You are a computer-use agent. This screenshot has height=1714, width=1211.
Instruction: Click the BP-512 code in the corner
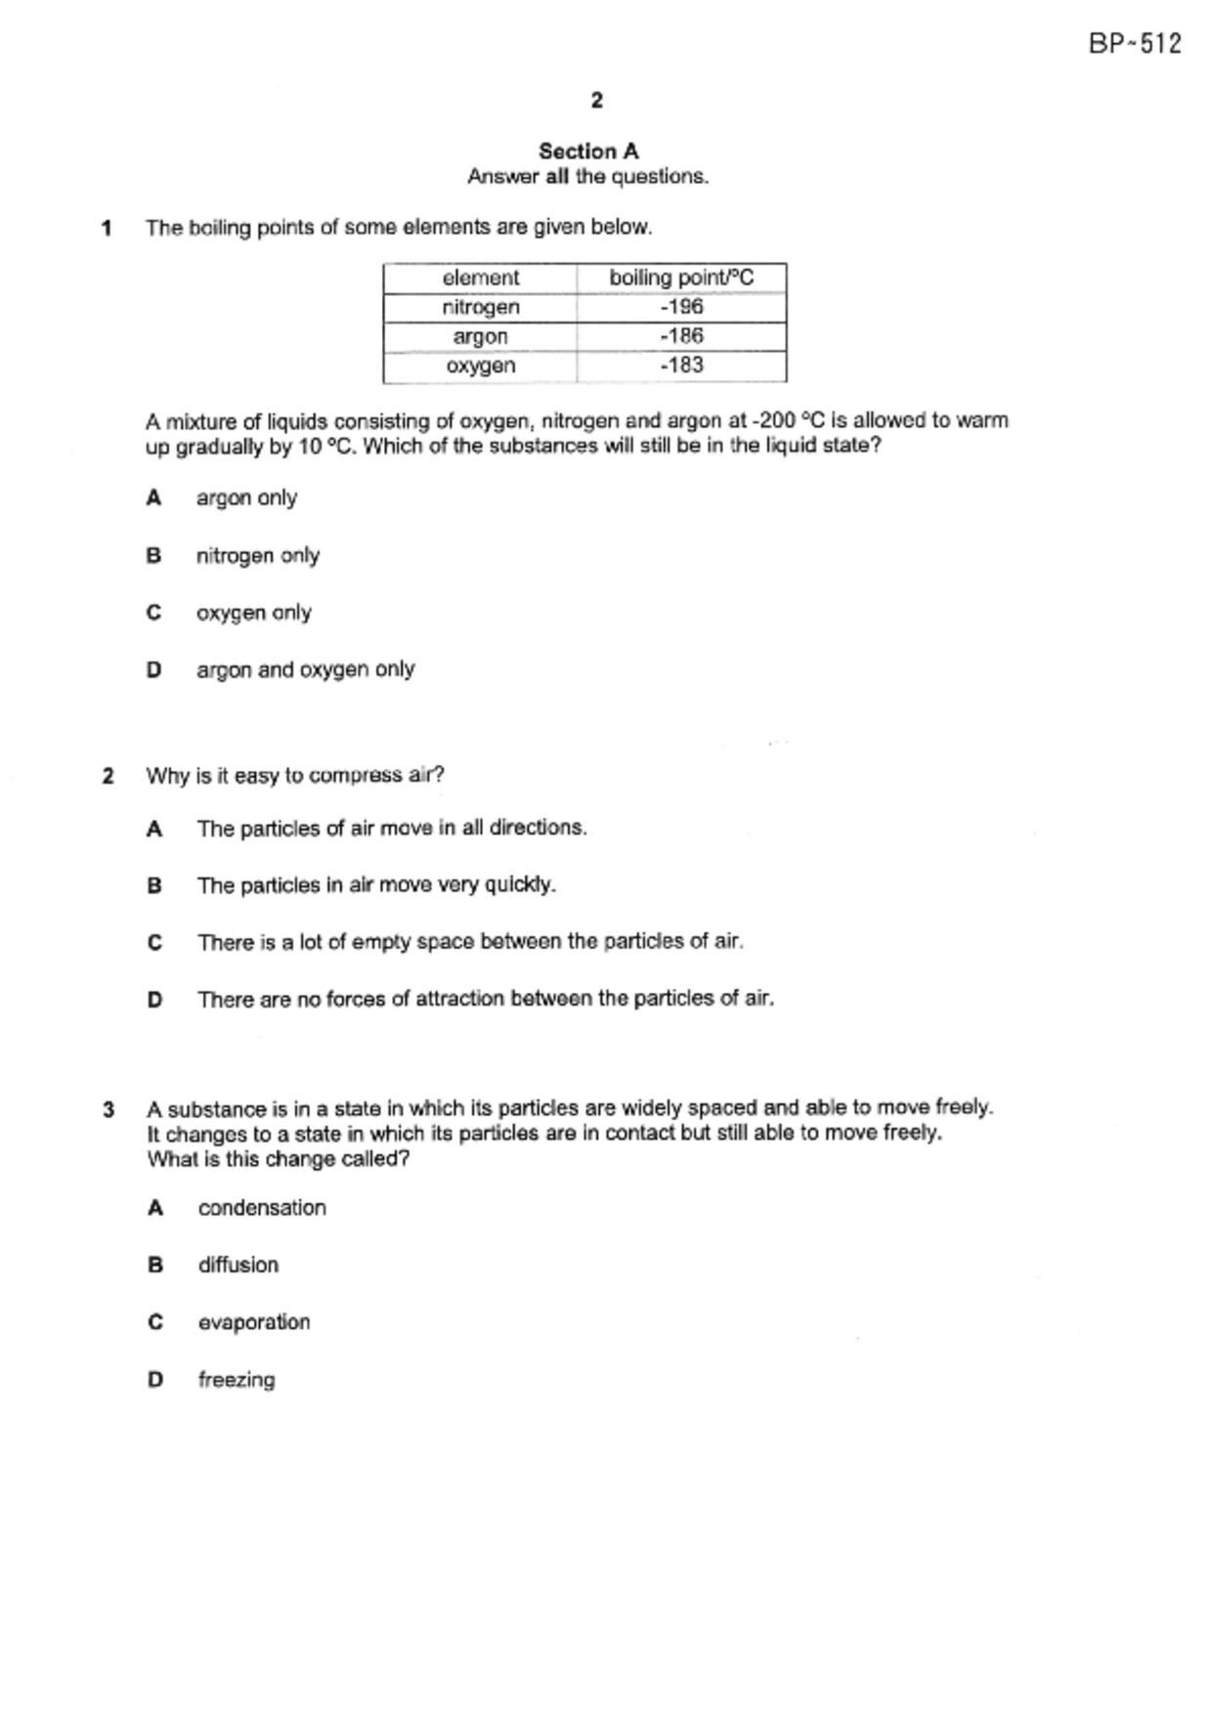point(1135,44)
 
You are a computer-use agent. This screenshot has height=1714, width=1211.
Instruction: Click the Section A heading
point(588,151)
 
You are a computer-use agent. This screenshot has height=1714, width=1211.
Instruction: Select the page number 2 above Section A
point(597,100)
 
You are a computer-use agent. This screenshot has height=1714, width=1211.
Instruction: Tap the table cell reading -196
point(681,307)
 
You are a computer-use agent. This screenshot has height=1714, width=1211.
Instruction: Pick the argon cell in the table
point(480,336)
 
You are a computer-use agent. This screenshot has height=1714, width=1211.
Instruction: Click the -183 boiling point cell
point(681,365)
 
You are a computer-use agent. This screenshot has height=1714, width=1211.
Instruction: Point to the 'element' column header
point(480,278)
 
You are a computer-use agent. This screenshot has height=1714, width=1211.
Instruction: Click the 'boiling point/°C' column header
point(681,278)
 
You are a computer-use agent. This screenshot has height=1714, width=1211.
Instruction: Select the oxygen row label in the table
point(480,365)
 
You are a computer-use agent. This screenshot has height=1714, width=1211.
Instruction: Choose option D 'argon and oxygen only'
point(305,670)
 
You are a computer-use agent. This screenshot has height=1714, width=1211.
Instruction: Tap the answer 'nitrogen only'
point(258,555)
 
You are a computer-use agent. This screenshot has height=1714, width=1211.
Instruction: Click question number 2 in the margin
point(108,776)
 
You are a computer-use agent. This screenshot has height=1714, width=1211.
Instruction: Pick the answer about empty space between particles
point(470,942)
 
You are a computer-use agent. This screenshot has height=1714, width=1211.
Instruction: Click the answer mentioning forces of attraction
point(485,999)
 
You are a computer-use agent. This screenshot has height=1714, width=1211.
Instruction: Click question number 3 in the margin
point(108,1110)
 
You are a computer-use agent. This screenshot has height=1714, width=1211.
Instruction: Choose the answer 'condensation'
point(262,1208)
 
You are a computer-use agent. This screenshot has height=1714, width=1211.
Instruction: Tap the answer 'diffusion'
point(238,1265)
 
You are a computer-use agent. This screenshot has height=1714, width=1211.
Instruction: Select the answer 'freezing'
point(237,1380)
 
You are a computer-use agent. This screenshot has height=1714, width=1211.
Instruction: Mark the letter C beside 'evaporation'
point(155,1322)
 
